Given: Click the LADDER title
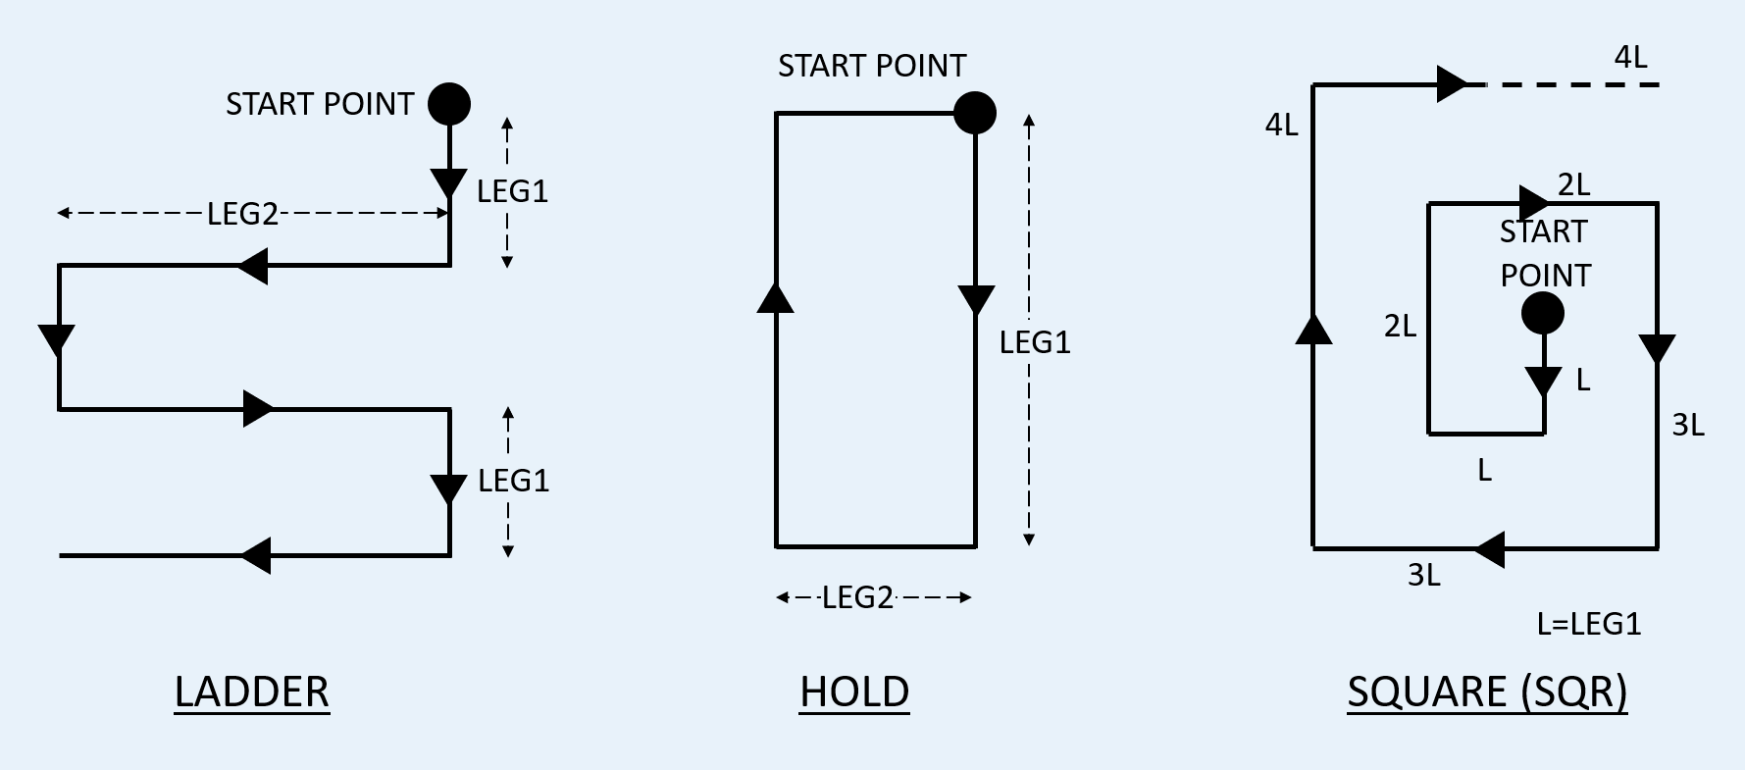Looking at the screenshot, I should (252, 692).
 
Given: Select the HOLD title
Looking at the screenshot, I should (854, 692).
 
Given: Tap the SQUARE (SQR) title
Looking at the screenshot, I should (1487, 692).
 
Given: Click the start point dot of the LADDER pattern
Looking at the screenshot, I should (449, 103).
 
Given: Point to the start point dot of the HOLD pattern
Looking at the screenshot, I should (975, 113).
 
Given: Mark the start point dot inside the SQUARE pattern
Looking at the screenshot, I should (1543, 315).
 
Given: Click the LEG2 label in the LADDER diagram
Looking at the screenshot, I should (242, 213).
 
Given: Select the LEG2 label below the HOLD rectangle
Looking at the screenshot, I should (857, 597).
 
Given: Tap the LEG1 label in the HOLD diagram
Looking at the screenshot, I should (1035, 342).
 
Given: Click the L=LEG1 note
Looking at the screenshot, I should (1588, 624).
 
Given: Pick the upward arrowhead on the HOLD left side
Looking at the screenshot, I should (776, 297).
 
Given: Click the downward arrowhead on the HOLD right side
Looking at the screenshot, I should (976, 300).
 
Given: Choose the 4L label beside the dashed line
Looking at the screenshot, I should (1630, 58).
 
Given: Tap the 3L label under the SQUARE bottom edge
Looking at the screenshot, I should (1424, 575).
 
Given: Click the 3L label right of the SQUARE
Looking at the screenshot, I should (1688, 425).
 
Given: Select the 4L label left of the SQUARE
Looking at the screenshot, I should (1281, 125).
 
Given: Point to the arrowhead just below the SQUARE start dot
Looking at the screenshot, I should (1544, 381).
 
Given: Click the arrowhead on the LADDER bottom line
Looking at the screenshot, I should (256, 555).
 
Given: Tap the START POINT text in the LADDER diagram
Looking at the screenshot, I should (320, 104).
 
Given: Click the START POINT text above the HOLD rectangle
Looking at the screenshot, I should (872, 66).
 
